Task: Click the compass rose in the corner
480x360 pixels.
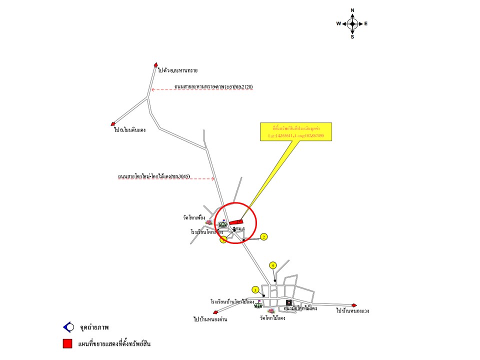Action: [352, 23]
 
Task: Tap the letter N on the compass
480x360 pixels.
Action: [352, 10]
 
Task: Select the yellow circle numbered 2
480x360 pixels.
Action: [264, 236]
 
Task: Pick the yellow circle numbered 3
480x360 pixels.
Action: [255, 289]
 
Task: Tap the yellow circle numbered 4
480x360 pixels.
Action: [273, 265]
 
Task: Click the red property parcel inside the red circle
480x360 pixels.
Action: [236, 221]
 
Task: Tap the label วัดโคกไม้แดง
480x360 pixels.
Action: [272, 317]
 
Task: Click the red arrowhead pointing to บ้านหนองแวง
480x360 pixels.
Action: [355, 305]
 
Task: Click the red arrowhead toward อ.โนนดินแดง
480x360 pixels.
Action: [113, 124]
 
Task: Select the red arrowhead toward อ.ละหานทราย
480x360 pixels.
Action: [156, 64]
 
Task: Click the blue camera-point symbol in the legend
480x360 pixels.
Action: [67, 327]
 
